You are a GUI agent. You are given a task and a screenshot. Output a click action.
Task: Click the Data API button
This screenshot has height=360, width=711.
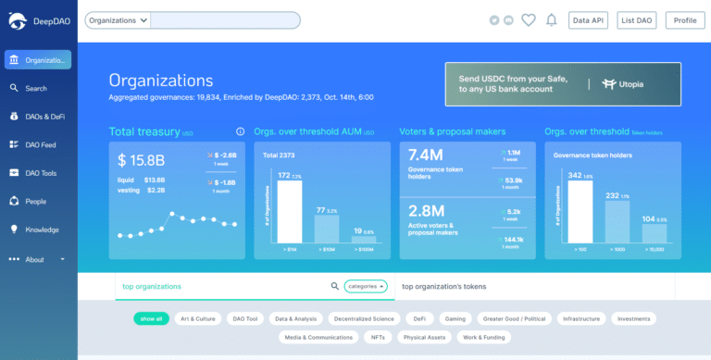[x=588, y=20]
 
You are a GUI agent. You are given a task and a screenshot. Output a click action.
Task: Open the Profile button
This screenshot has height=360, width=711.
[x=685, y=20]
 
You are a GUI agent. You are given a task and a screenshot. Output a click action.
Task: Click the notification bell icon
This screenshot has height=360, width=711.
[x=552, y=20]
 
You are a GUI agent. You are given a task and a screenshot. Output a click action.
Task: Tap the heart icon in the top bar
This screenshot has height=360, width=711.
[x=529, y=20]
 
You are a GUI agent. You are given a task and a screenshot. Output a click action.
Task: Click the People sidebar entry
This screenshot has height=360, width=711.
[x=34, y=201]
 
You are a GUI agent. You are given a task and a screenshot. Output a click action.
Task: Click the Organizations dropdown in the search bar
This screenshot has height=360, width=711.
[x=118, y=20]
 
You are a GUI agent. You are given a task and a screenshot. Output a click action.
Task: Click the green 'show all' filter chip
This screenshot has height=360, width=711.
[x=151, y=318]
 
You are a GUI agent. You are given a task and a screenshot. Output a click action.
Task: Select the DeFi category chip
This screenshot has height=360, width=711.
[x=419, y=318]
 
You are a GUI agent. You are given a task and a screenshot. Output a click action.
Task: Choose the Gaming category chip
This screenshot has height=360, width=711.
[x=455, y=318]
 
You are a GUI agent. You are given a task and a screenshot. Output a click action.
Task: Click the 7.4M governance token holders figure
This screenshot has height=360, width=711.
[x=424, y=156]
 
